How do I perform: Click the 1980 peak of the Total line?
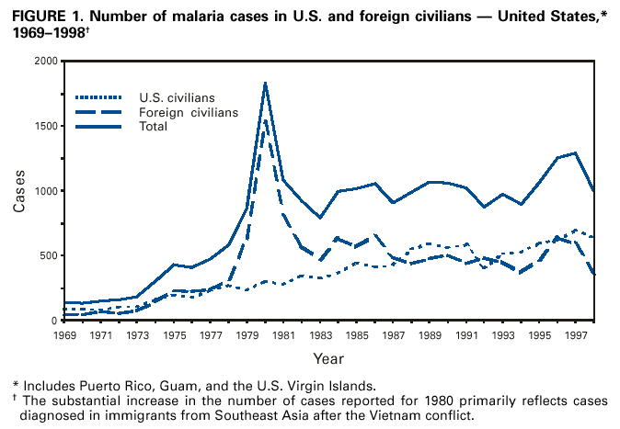click(x=265, y=83)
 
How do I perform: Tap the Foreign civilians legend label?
click(x=189, y=111)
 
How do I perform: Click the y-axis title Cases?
click(x=19, y=191)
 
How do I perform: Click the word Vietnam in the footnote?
click(x=477, y=414)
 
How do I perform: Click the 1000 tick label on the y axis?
click(x=44, y=191)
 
